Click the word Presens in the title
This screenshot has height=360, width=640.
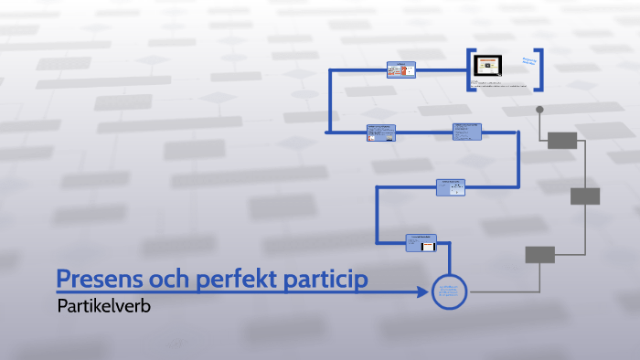point(101,279)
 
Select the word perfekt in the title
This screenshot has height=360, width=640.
point(233,279)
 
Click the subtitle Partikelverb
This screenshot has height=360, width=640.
point(102,306)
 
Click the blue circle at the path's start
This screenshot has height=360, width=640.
point(449,292)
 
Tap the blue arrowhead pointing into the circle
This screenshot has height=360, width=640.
point(422,292)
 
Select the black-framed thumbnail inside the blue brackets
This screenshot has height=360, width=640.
point(489,67)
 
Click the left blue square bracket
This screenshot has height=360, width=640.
point(469,69)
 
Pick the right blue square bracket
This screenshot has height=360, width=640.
point(541,69)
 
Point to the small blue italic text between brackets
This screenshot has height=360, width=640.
point(528,62)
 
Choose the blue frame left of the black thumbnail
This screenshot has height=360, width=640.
point(400,70)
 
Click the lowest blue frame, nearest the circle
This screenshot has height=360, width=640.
point(421,242)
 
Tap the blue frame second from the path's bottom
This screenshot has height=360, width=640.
point(451,187)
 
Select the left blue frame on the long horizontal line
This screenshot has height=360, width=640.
point(381,132)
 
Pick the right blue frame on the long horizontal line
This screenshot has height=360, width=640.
point(467,132)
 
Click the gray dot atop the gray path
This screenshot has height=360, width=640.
point(539,110)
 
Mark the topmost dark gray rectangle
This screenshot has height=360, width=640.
point(562,140)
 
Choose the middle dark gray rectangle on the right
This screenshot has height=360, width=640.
point(585,196)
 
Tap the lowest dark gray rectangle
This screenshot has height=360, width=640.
point(539,255)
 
